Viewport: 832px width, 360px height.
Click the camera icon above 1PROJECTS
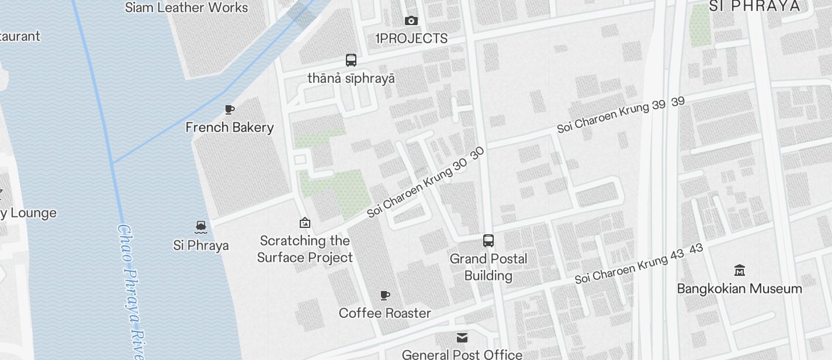411,21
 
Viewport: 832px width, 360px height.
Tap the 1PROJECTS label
411,39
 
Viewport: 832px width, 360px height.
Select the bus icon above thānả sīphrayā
351,60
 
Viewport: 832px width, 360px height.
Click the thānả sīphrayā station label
351,78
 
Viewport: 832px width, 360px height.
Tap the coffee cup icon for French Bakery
230,109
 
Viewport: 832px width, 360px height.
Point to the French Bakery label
230,127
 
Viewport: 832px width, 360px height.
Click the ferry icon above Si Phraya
201,227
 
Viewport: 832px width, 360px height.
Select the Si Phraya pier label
201,245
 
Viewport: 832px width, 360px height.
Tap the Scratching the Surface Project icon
304,223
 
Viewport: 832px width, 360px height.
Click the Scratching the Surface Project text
305,249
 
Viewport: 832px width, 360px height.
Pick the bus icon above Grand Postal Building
488,241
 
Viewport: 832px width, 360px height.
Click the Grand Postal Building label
488,267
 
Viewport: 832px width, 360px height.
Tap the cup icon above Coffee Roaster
385,296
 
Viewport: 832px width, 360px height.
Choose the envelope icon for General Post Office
462,338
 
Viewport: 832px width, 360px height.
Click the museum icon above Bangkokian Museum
740,270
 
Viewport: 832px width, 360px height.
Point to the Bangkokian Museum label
740,289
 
